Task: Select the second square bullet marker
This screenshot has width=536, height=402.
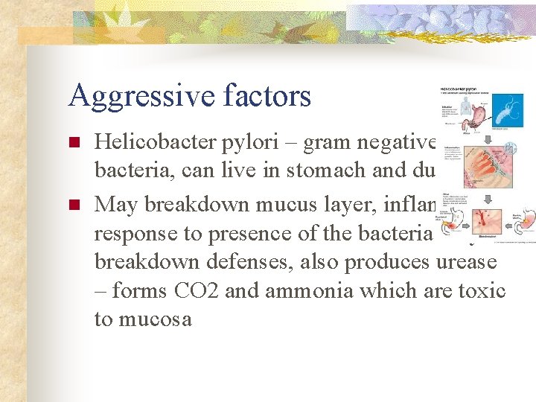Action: (73, 203)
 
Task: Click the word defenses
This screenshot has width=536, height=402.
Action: (253, 261)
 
